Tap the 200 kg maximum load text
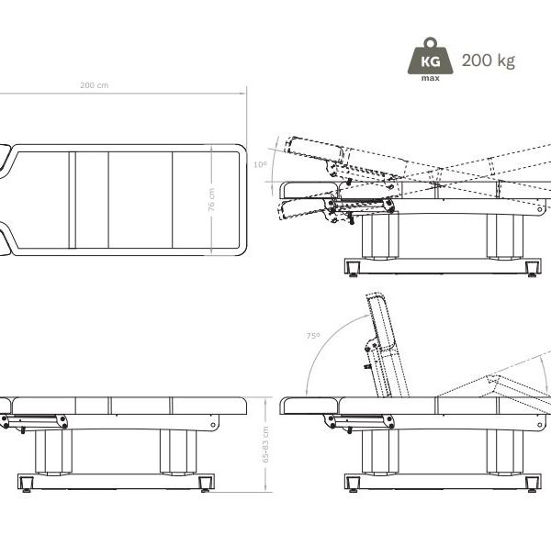(x=489, y=61)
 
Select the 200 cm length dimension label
(x=95, y=85)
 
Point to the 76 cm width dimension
(x=211, y=200)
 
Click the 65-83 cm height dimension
(x=265, y=444)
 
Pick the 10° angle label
(x=261, y=164)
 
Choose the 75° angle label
(x=313, y=336)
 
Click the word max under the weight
(x=431, y=78)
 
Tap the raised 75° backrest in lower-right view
(x=387, y=345)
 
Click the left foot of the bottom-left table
(x=27, y=484)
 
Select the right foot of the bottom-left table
(x=205, y=484)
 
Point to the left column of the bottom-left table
(x=53, y=451)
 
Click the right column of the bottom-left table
(x=178, y=451)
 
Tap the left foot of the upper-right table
(x=354, y=269)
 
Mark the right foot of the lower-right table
(x=532, y=484)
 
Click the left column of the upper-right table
(x=380, y=236)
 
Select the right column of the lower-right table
(x=505, y=451)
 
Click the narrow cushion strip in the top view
(x=73, y=200)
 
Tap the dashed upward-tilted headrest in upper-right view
(x=315, y=150)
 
